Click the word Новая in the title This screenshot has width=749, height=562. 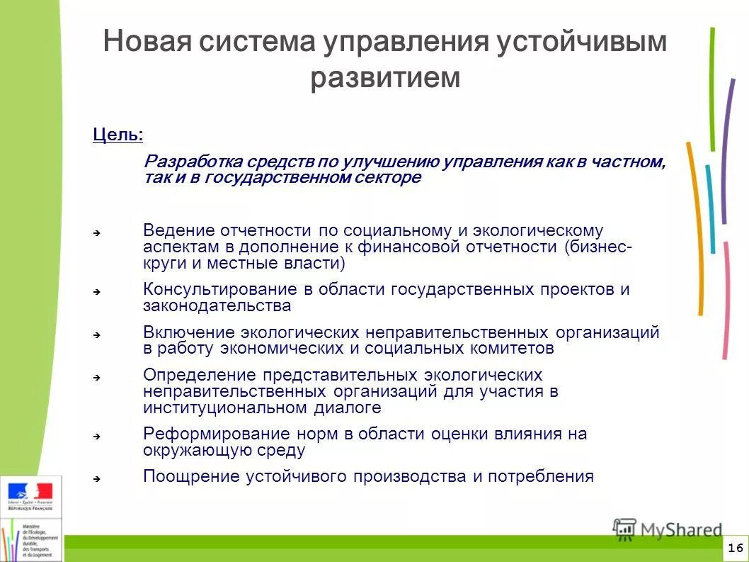(x=147, y=42)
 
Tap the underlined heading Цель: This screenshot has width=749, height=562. (x=118, y=135)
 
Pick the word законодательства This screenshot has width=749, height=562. (x=217, y=306)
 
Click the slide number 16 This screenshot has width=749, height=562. (x=735, y=548)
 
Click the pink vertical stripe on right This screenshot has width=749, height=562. (x=726, y=305)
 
